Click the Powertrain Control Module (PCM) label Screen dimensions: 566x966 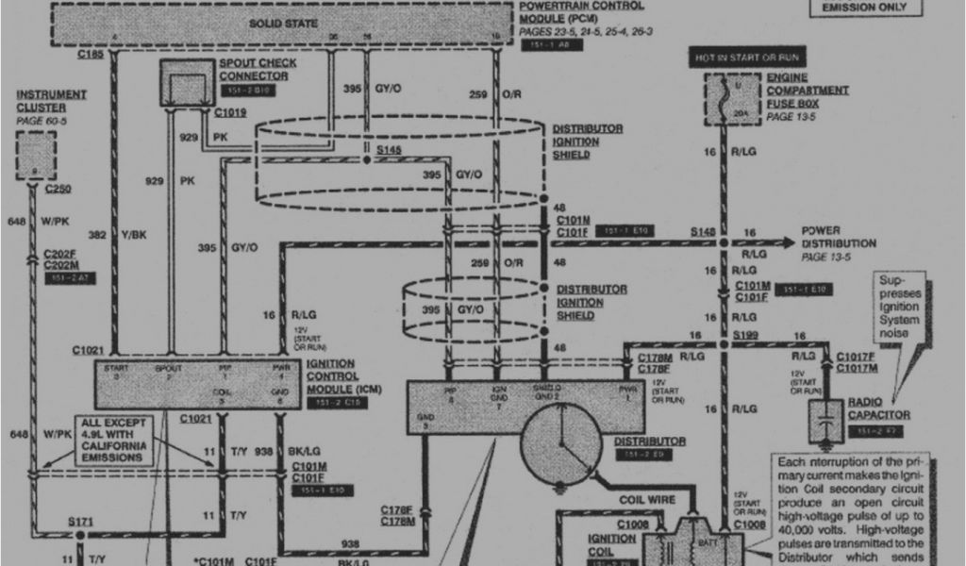click(x=581, y=11)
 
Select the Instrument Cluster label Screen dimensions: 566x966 click(x=51, y=101)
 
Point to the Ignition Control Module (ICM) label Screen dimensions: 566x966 click(x=330, y=375)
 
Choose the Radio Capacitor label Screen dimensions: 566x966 click(x=877, y=408)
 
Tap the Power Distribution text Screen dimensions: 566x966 click(x=839, y=237)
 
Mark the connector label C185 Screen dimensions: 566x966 click(x=91, y=56)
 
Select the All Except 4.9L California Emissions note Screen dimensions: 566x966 click(x=112, y=440)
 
